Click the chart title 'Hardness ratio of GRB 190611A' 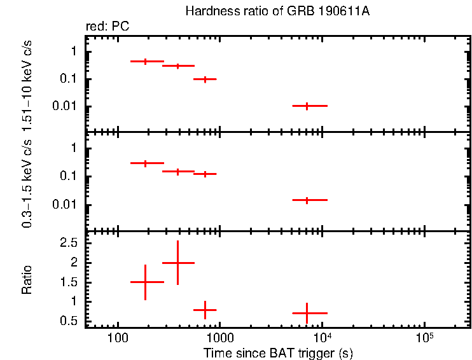(x=277, y=11)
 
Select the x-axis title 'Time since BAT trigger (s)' (x=278, y=352)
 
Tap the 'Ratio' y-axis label (x=27, y=280)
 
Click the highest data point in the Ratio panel (x=178, y=262)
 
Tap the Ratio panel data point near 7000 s (x=307, y=313)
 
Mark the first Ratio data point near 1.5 (x=146, y=282)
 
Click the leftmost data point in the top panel (x=146, y=61)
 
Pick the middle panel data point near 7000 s (x=307, y=200)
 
